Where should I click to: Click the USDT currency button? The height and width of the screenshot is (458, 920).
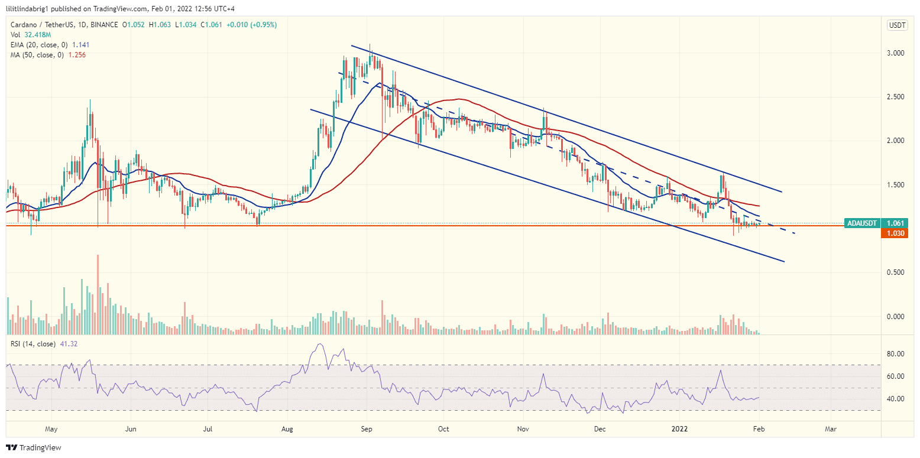pyautogui.click(x=897, y=25)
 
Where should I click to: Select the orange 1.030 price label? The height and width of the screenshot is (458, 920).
pyautogui.click(x=895, y=233)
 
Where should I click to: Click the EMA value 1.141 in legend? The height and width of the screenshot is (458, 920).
pyautogui.click(x=81, y=45)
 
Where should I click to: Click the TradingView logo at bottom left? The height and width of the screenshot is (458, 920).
pyautogui.click(x=34, y=447)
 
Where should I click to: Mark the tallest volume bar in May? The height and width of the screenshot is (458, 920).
pyautogui.click(x=98, y=295)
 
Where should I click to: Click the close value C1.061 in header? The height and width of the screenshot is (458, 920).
pyautogui.click(x=211, y=25)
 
